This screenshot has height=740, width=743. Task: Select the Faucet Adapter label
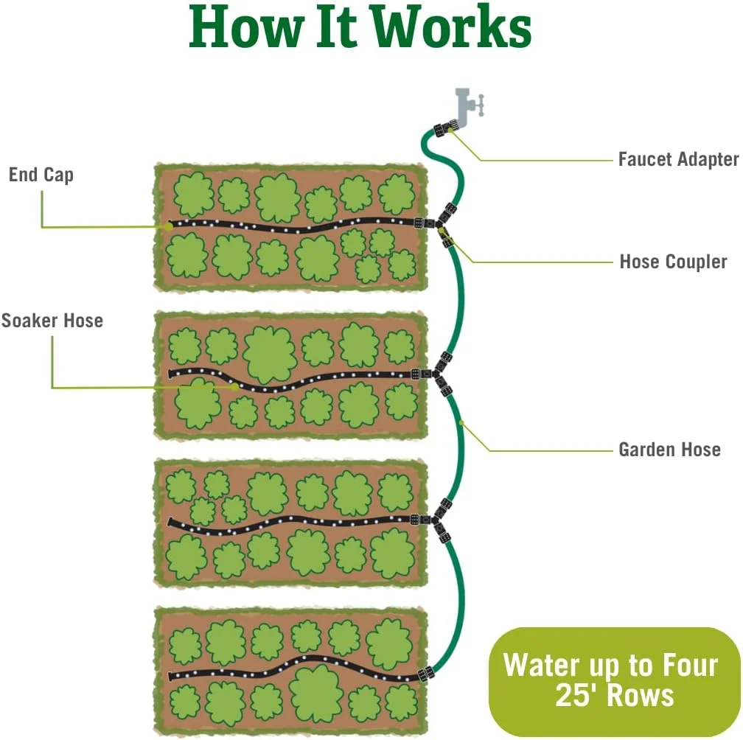(678, 158)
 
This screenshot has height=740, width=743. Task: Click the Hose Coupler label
(673, 262)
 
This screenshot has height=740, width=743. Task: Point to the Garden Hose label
(669, 449)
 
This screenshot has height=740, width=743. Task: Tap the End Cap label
(41, 175)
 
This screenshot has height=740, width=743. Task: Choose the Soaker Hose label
(52, 321)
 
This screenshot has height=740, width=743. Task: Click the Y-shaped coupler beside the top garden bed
(443, 221)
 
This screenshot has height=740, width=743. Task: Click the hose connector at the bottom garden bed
(425, 674)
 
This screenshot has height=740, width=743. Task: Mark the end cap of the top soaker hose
(170, 224)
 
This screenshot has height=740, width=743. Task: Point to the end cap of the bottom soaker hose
(172, 675)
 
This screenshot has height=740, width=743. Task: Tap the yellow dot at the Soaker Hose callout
(235, 386)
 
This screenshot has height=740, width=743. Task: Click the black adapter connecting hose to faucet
(443, 130)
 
